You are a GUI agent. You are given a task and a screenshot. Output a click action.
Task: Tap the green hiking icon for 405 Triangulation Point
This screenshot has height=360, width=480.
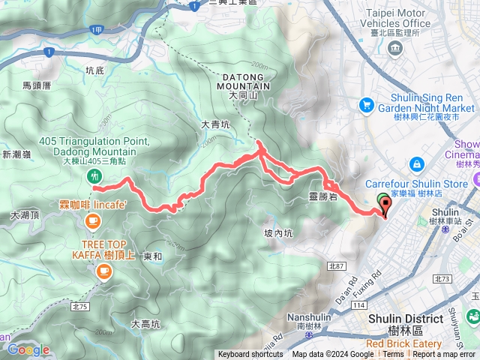(94, 176)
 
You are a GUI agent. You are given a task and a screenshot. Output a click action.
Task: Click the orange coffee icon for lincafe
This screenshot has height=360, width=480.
(94, 220)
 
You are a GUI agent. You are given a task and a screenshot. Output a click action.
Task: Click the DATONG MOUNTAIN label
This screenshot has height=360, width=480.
(243, 82)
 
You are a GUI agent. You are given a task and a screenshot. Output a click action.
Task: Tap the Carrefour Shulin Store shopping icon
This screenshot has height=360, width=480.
(415, 163)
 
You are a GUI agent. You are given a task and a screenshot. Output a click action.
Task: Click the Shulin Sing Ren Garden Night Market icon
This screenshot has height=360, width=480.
(367, 104)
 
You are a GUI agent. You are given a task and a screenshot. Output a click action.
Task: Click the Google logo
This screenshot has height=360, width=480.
(28, 349)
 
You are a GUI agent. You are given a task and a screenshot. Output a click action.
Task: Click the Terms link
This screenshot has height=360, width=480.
(393, 355)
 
